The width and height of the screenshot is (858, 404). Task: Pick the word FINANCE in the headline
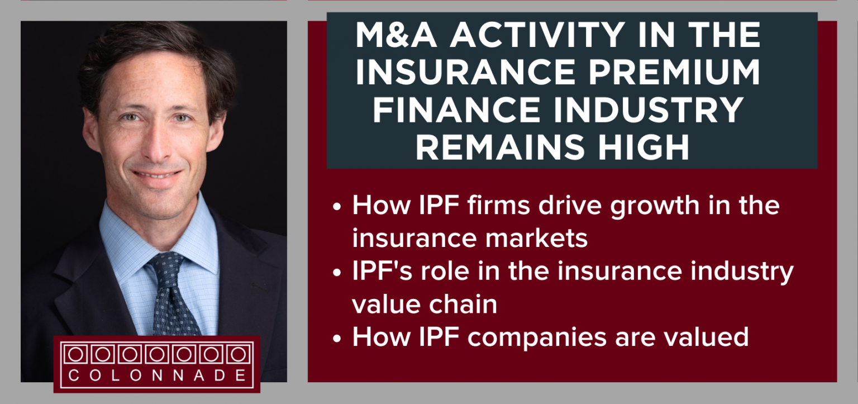[453, 110]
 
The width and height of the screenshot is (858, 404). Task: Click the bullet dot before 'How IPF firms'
[336, 207]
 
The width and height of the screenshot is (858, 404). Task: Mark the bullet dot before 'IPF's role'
[336, 273]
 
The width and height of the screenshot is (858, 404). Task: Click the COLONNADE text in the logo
[157, 375]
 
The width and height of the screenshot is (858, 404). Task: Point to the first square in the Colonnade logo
[75, 354]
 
